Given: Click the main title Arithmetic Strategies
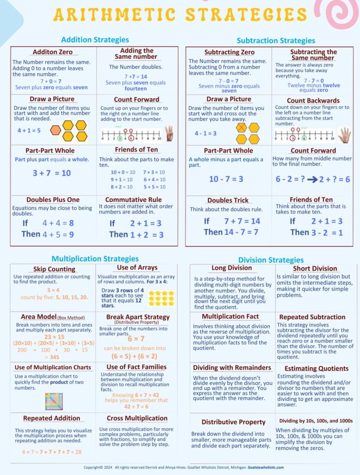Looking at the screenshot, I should pyautogui.click(x=180, y=15).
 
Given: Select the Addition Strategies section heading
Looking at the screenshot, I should pyautogui.click(x=95, y=40).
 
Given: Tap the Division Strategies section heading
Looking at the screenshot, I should pyautogui.click(x=271, y=260).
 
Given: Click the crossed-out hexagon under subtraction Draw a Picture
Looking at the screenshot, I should pyautogui.click(x=241, y=128).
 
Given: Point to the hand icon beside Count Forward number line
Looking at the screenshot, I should pyautogui.click(x=168, y=132).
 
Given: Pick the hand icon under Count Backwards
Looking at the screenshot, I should pyautogui.click(x=344, y=135).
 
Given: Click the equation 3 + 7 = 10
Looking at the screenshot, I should pyautogui.click(x=51, y=173).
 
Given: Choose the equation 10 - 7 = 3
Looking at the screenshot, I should pyautogui.click(x=226, y=179).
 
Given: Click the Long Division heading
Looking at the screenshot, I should pyautogui.click(x=231, y=268).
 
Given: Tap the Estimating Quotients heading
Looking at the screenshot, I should pyautogui.click(x=316, y=369).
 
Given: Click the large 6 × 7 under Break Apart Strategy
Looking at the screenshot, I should pyautogui.click(x=136, y=339).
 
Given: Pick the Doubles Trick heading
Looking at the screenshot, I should pyautogui.click(x=228, y=200).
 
